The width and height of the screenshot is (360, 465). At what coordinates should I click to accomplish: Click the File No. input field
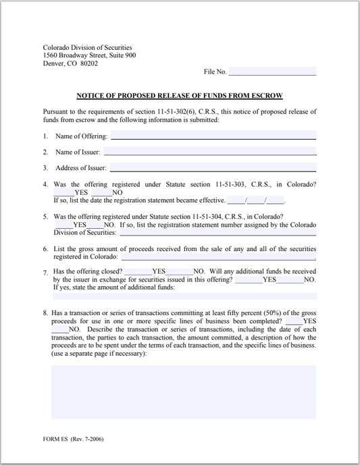[272, 71]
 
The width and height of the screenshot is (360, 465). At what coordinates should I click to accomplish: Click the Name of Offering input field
[213, 135]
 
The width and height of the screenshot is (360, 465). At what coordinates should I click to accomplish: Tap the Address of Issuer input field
[213, 167]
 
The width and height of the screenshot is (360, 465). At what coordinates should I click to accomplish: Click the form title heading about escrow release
[180, 96]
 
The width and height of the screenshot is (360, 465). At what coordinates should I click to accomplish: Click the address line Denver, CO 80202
[70, 63]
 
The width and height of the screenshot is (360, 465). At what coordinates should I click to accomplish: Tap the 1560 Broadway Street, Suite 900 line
[89, 55]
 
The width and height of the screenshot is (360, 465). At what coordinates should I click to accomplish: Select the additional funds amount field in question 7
[184, 296]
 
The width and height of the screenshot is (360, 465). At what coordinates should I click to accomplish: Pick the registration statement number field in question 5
[217, 232]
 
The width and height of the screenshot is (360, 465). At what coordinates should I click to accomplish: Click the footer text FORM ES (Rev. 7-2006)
[74, 439]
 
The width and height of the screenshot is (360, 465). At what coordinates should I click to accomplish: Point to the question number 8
[45, 313]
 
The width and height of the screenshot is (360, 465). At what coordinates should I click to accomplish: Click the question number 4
[45, 184]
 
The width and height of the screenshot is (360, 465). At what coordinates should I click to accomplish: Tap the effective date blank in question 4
[256, 200]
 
